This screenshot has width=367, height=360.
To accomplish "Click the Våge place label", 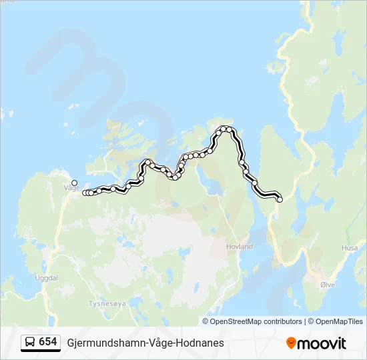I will [71, 188].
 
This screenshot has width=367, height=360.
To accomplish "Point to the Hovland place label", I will [240, 246].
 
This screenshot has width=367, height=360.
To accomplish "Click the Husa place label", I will [349, 247].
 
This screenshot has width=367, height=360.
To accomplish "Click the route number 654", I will [48, 342].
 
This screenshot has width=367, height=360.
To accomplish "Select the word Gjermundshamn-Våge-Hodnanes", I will [145, 343].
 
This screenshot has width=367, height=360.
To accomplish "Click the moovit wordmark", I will [322, 343].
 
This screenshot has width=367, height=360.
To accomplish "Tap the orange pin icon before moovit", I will [291, 343].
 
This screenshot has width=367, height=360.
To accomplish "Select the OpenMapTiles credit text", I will [339, 321].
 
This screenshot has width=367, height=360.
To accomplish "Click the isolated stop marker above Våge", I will [74, 183].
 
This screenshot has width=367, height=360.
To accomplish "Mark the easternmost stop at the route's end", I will [280, 199].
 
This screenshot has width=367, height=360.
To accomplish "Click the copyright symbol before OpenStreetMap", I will [206, 321].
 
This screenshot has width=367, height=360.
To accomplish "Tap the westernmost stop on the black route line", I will [85, 193].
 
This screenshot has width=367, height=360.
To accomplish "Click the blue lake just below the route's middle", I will [212, 185].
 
